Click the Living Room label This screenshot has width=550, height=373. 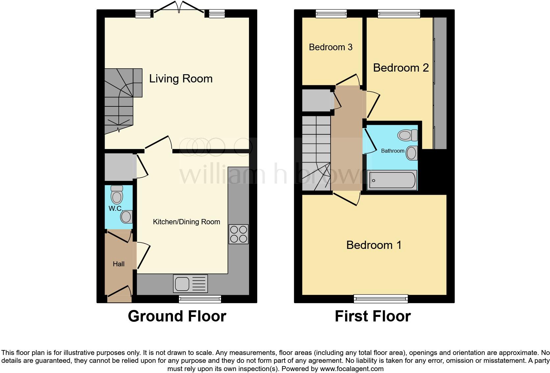[181, 79]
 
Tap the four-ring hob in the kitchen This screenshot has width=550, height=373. [238, 234]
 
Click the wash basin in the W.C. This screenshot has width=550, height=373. [126, 217]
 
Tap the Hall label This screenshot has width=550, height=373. [118, 264]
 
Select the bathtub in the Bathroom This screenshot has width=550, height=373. [392, 180]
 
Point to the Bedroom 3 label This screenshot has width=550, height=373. [330, 47]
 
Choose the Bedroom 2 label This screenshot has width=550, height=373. [401, 68]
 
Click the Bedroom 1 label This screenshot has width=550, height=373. [374, 245]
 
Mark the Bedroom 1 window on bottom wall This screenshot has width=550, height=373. [381, 298]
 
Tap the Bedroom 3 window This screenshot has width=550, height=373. [331, 13]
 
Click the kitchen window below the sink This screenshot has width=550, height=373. [200, 298]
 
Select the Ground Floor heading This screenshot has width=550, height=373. [177, 316]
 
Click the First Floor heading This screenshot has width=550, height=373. [373, 316]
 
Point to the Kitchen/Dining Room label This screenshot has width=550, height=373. [186, 222]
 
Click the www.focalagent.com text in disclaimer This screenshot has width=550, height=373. [352, 369]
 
